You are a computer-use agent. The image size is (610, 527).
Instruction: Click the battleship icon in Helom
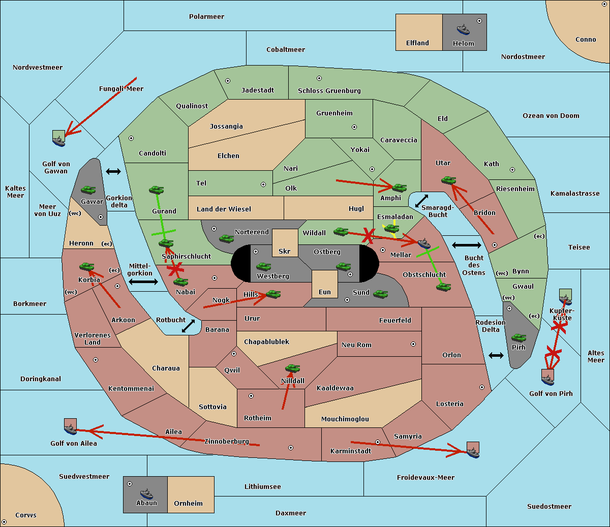click(x=463, y=29)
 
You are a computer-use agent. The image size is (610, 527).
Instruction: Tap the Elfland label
click(x=417, y=43)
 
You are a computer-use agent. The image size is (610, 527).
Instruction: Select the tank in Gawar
click(x=88, y=190)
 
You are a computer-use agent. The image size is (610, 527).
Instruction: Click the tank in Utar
click(x=448, y=180)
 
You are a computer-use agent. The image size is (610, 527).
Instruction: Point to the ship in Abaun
click(x=146, y=493)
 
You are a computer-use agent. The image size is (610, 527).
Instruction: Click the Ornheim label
click(x=188, y=504)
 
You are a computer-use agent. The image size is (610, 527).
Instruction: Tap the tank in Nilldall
click(x=292, y=368)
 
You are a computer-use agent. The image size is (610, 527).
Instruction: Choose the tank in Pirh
click(x=518, y=338)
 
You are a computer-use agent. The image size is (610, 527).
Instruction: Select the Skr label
click(x=284, y=252)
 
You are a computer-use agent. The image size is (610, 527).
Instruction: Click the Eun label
click(x=325, y=292)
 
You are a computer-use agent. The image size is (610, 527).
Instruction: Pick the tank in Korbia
click(x=87, y=267)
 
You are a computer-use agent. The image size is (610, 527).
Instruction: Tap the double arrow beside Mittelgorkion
click(x=143, y=282)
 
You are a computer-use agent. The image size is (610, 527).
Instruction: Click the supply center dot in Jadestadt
click(x=228, y=81)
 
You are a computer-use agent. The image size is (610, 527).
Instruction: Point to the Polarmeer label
click(x=206, y=17)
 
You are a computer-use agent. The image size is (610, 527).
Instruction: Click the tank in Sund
click(x=381, y=294)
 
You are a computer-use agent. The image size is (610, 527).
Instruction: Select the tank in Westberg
click(x=263, y=266)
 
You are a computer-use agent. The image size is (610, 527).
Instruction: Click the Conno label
click(x=586, y=40)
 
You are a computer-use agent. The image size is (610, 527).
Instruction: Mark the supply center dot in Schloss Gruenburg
click(x=319, y=78)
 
